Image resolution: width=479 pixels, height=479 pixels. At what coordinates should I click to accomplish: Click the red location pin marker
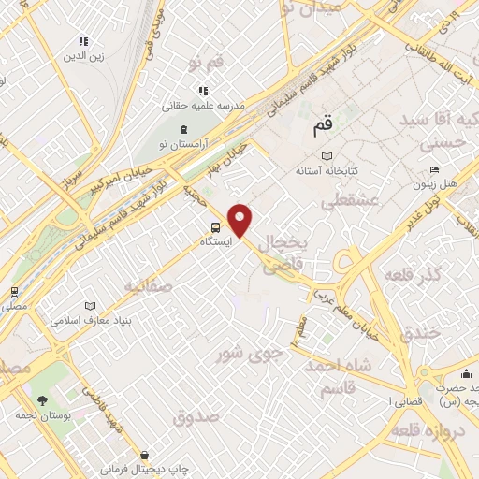click(x=241, y=219)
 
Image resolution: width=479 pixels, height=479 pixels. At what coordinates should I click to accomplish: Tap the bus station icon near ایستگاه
click(x=216, y=226)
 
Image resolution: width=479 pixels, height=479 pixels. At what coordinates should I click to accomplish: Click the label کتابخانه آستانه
click(x=323, y=172)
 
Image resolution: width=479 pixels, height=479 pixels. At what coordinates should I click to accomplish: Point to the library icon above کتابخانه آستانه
click(x=326, y=156)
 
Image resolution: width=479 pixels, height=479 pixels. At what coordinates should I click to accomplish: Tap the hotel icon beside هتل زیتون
click(x=433, y=170)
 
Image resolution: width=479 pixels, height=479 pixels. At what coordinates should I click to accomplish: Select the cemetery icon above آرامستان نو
click(x=183, y=129)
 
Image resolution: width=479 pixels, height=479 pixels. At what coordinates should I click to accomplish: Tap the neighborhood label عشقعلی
click(x=349, y=201)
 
